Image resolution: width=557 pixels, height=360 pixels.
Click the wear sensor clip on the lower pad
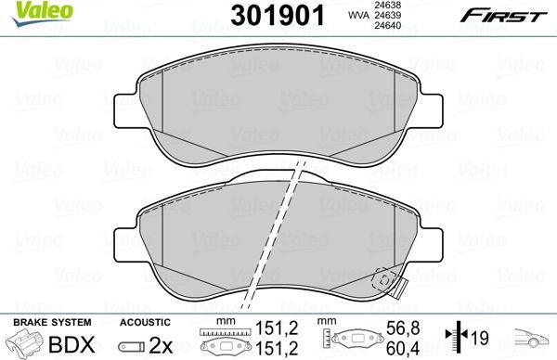pos(382,280)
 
